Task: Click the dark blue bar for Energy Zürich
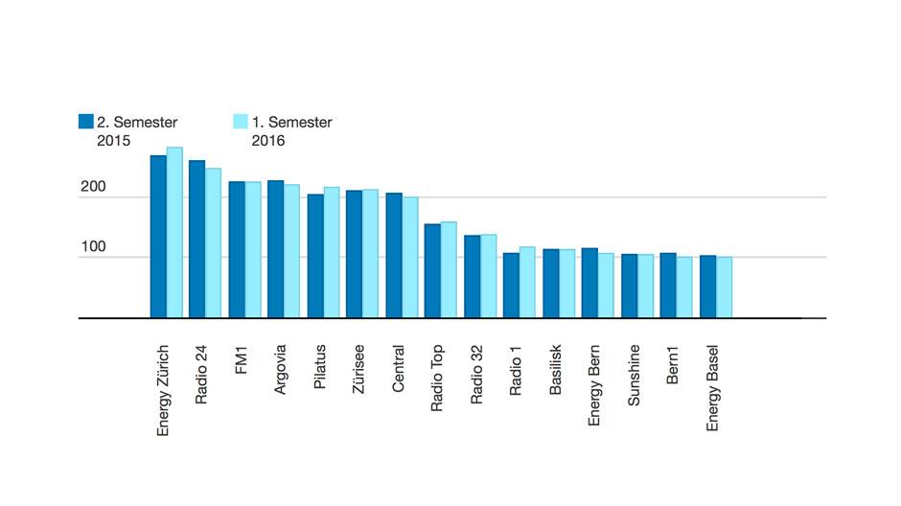point(158,237)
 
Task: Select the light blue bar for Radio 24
point(213,243)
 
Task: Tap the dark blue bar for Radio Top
point(432,271)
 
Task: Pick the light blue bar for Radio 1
point(527,282)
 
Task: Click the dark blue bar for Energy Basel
point(708,287)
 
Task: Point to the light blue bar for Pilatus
point(332,252)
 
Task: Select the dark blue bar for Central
point(394,256)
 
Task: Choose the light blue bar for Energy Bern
point(606,286)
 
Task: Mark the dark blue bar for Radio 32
point(473,277)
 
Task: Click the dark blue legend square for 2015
point(85,121)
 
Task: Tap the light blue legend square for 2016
point(241,121)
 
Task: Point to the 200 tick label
point(93,187)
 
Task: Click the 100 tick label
point(93,246)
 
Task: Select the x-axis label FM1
point(241,360)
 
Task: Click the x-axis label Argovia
point(280,369)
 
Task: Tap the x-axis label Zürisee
point(358,369)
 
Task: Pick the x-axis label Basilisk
point(555,370)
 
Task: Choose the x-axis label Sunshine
point(634,375)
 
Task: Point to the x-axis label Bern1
point(672,365)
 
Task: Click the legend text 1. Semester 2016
point(292,131)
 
